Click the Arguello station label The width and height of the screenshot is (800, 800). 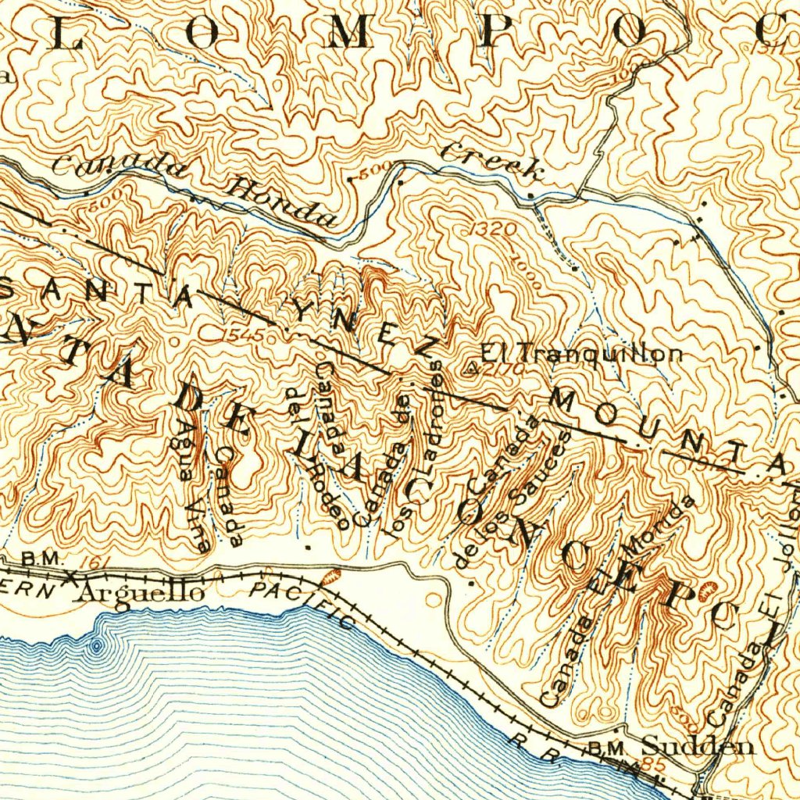pyautogui.click(x=142, y=593)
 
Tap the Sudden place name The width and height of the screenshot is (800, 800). pyautogui.click(x=698, y=746)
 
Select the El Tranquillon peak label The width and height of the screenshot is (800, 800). pyautogui.click(x=580, y=354)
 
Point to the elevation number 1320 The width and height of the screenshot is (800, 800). pyautogui.click(x=494, y=230)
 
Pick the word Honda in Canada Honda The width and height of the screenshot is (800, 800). pyautogui.click(x=280, y=201)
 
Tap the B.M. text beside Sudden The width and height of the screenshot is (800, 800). pyautogui.click(x=603, y=748)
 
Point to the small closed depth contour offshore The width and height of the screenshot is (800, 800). pyautogui.click(x=96, y=645)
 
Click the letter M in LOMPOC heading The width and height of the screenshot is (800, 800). pyautogui.click(x=347, y=33)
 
